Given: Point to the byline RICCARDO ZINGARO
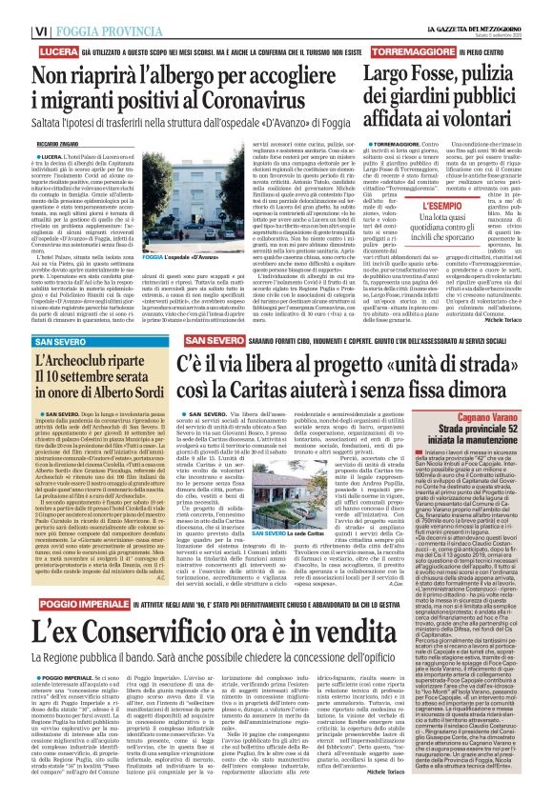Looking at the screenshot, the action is click(x=32, y=140).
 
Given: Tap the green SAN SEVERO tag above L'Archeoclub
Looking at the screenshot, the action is click(x=35, y=341).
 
